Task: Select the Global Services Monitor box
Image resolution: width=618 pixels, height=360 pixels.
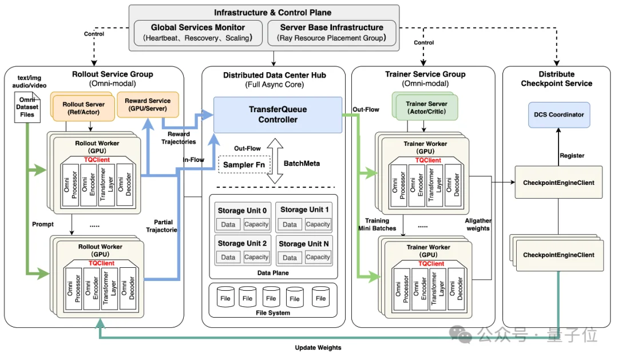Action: (x=198, y=33)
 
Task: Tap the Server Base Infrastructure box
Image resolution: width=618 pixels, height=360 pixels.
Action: (x=331, y=33)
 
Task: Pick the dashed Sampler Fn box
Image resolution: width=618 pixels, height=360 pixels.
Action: (x=243, y=164)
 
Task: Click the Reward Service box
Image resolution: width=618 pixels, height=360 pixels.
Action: (x=148, y=105)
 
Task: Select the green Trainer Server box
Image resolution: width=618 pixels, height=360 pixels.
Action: (x=426, y=107)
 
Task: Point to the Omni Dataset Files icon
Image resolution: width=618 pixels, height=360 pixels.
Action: (x=27, y=106)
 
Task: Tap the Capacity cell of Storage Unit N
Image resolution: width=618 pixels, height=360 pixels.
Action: (x=318, y=257)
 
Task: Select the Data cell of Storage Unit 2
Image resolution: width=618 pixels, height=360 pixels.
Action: (x=228, y=257)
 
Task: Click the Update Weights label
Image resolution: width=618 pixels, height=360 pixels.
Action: (x=318, y=347)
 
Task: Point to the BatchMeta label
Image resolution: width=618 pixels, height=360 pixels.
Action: (x=301, y=163)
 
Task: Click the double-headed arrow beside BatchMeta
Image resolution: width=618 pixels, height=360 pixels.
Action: (x=276, y=161)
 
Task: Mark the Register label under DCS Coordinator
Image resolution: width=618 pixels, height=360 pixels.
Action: (x=572, y=155)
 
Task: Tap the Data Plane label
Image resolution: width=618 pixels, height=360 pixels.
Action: (x=273, y=273)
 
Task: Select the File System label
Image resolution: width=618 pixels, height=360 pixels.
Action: (x=272, y=312)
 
